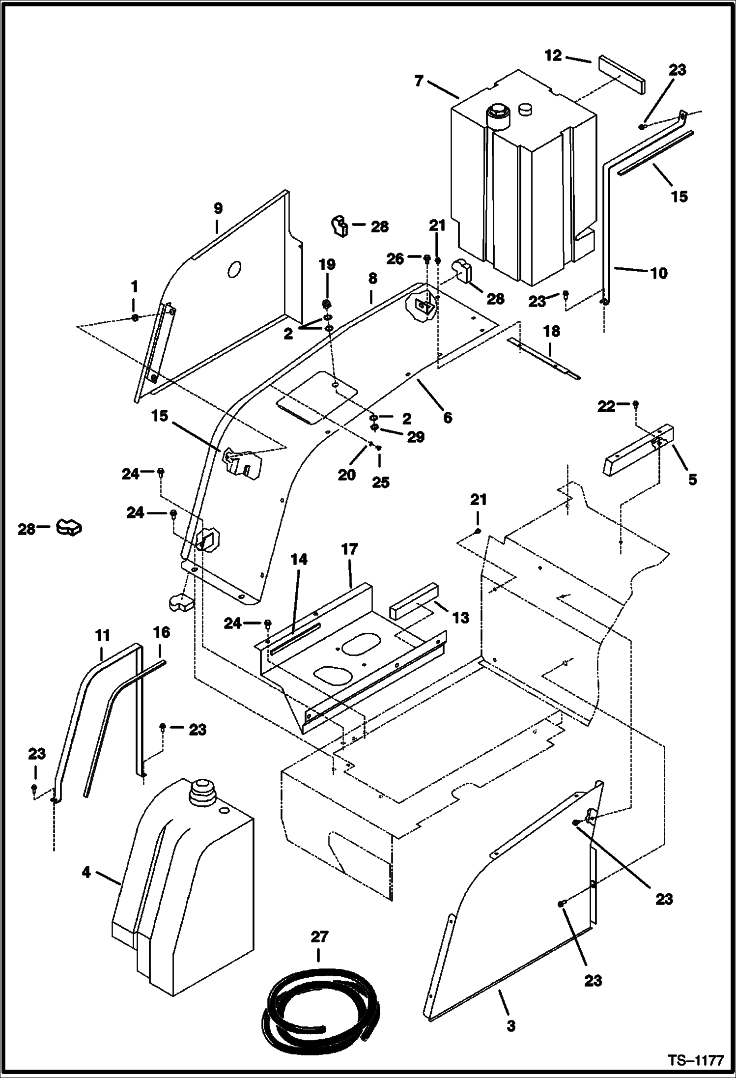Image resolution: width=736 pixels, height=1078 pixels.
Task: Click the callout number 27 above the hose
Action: click(319, 937)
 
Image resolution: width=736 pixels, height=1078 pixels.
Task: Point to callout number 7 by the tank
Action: click(419, 81)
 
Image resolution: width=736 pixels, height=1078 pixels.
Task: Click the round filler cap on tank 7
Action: click(497, 115)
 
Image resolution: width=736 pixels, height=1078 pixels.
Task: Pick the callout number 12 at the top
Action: click(553, 56)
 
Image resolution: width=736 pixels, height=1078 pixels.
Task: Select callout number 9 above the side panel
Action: click(218, 208)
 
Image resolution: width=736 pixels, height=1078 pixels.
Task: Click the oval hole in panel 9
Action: click(235, 269)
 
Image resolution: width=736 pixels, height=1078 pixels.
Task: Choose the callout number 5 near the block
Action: click(692, 479)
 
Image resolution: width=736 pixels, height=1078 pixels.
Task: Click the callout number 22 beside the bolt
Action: click(606, 406)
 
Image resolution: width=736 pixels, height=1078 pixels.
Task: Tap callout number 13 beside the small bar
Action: click(460, 618)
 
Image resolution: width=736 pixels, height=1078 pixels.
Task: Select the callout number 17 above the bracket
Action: click(349, 549)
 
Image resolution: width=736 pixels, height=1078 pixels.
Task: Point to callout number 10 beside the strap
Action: click(659, 273)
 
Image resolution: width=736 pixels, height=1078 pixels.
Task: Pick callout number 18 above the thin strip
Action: click(552, 332)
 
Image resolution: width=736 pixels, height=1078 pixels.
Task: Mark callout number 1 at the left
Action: click(135, 286)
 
